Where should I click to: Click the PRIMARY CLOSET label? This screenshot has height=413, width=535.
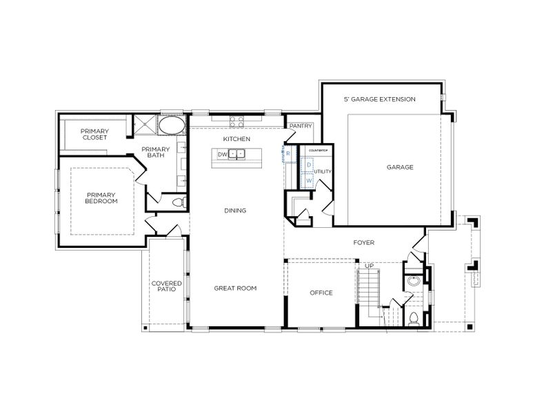pos(94,134)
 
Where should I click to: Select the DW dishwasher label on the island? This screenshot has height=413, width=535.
pos(223,153)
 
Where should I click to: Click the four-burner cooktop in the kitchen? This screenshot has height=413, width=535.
pos(236,122)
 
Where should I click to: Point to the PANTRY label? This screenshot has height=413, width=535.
pos(301,126)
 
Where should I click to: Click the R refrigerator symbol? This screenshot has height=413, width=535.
pos(288,153)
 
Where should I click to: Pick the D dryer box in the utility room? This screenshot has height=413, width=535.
pos(310,165)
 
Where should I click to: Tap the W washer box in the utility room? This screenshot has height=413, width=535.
pos(310,180)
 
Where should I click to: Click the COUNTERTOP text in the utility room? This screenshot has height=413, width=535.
pos(317,149)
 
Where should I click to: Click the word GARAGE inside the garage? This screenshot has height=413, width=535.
pos(399,167)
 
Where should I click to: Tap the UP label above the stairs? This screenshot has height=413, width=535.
pos(369,265)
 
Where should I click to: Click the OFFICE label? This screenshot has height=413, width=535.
pos(321,293)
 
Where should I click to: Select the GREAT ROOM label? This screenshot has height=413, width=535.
pos(235,288)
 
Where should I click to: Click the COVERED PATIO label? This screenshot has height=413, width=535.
pos(166,286)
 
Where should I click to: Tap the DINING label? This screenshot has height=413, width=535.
pos(235,211)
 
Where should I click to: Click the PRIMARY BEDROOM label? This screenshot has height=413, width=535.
pos(101,198)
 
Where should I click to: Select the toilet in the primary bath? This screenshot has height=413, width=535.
pos(179,202)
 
